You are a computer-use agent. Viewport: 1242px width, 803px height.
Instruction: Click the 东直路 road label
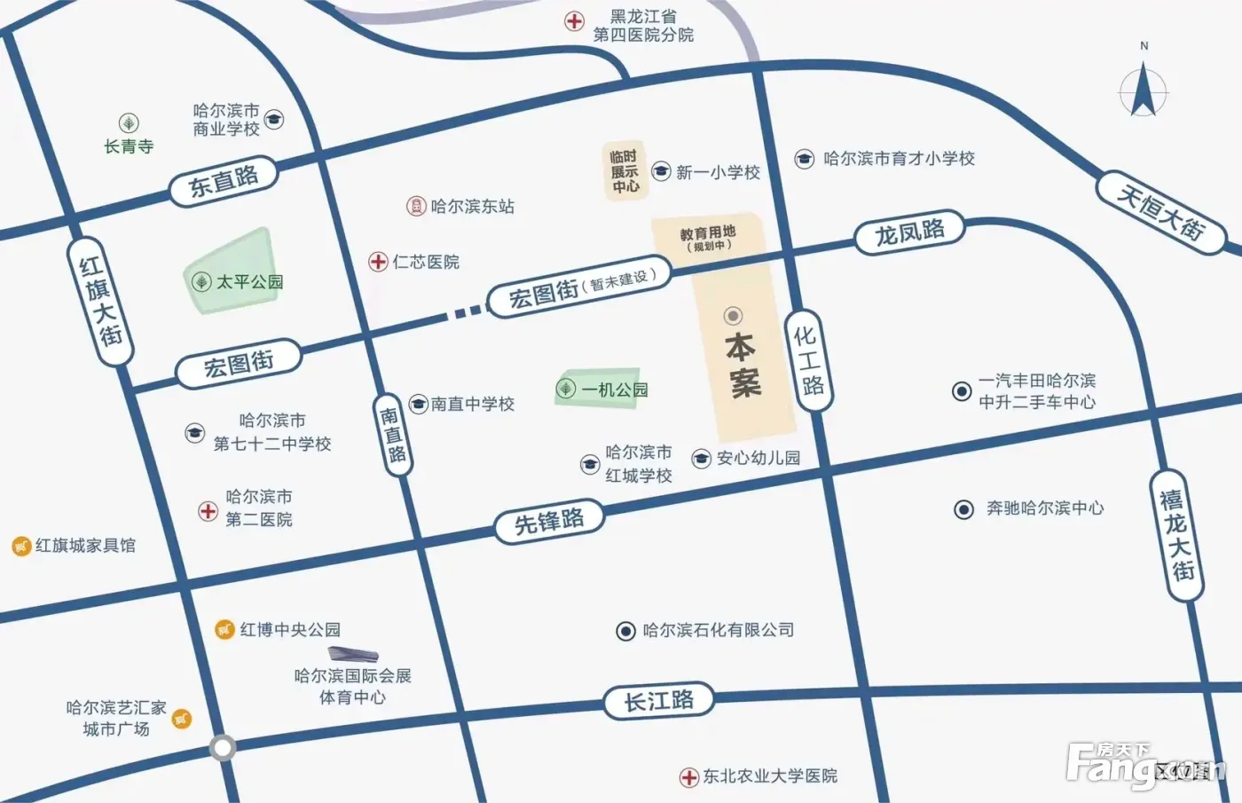[x=223, y=181]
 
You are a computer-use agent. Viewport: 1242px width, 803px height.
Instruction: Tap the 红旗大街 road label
[x=100, y=302]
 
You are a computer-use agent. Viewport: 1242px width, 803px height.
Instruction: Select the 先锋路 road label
[x=549, y=521]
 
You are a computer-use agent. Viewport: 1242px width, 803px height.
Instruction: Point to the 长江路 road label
[x=659, y=701]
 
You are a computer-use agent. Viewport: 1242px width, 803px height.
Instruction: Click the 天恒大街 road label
[x=1160, y=213]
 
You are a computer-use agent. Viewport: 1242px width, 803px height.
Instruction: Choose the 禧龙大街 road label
[x=1176, y=536]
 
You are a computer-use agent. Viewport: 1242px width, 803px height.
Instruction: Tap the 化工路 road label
[x=808, y=360]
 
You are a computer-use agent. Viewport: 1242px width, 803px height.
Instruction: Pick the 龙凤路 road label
[x=909, y=233]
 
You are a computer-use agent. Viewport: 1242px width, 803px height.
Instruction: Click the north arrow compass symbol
[x=1144, y=88]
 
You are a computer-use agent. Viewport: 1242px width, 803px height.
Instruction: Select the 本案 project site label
[x=743, y=364]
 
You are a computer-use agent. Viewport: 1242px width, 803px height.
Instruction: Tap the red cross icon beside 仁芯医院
[x=378, y=262]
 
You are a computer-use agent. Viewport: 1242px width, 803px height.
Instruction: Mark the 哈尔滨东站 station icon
[x=416, y=207]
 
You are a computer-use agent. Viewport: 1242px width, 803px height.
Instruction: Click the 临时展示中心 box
[x=625, y=170]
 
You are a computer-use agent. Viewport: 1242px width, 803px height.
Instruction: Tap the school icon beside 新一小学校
[x=661, y=171]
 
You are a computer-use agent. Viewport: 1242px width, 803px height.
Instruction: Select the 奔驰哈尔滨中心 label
[x=1045, y=508]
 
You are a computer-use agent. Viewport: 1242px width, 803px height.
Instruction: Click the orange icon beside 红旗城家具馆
[x=21, y=547]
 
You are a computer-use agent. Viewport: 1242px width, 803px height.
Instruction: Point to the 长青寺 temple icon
[x=129, y=123]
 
